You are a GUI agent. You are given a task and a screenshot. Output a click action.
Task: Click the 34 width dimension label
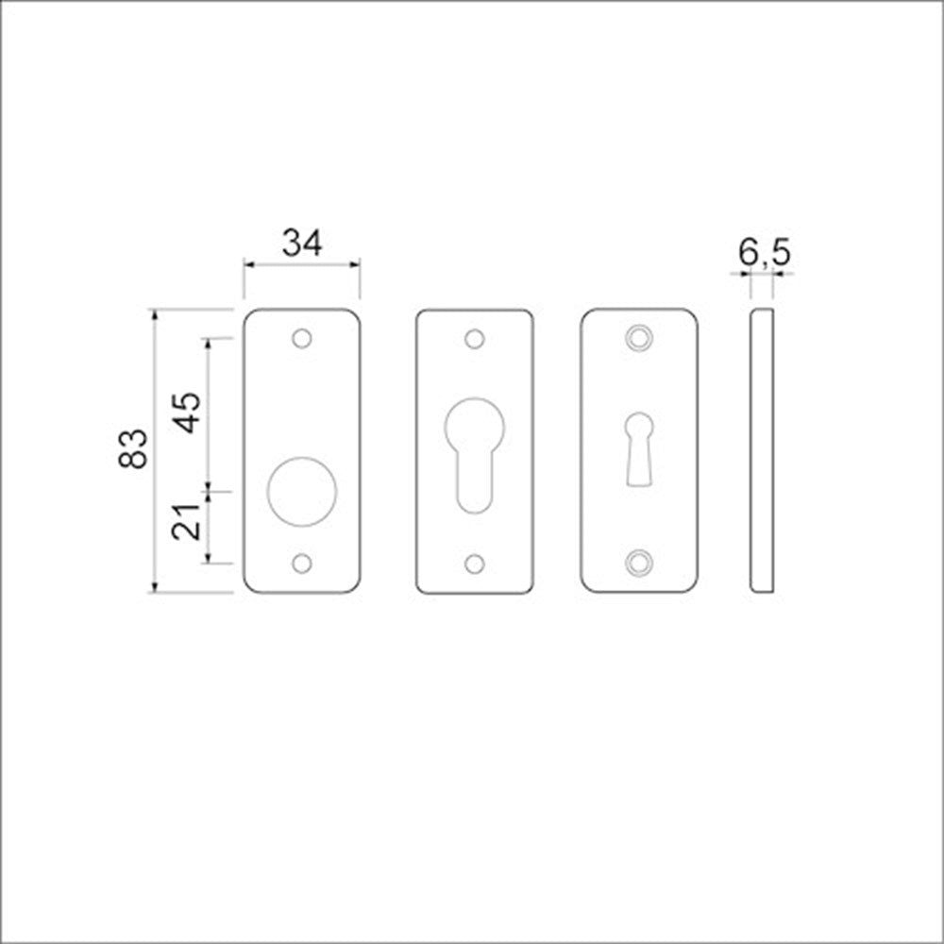(302, 243)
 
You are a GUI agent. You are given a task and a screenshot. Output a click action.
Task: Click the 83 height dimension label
(133, 448)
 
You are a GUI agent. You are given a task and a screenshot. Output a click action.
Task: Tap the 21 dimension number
(186, 521)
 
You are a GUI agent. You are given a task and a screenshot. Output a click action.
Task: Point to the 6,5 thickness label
(764, 253)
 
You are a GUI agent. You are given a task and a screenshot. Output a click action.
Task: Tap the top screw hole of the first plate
(302, 338)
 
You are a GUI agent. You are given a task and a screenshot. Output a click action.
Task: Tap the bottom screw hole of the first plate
(302, 564)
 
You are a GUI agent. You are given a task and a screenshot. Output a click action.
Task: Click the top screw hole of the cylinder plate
(475, 339)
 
